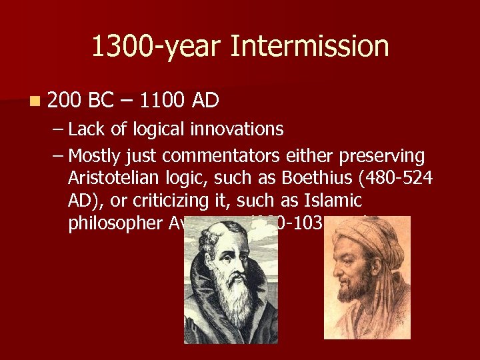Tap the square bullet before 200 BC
pos(34,101)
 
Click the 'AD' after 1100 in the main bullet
pos(205,100)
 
